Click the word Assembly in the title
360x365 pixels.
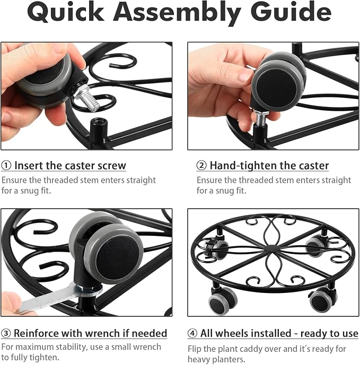tap(177, 13)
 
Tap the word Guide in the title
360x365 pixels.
tap(291, 12)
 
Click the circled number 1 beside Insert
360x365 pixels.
tap(6, 165)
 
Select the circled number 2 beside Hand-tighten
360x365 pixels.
tap(201, 165)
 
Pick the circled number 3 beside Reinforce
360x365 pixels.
tap(6, 333)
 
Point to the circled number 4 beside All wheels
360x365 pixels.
tap(192, 333)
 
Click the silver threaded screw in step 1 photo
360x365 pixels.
tap(87, 98)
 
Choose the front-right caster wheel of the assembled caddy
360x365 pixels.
tap(323, 300)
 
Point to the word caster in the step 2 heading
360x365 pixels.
tap(314, 165)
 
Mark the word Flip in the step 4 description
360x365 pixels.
tap(195, 349)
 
